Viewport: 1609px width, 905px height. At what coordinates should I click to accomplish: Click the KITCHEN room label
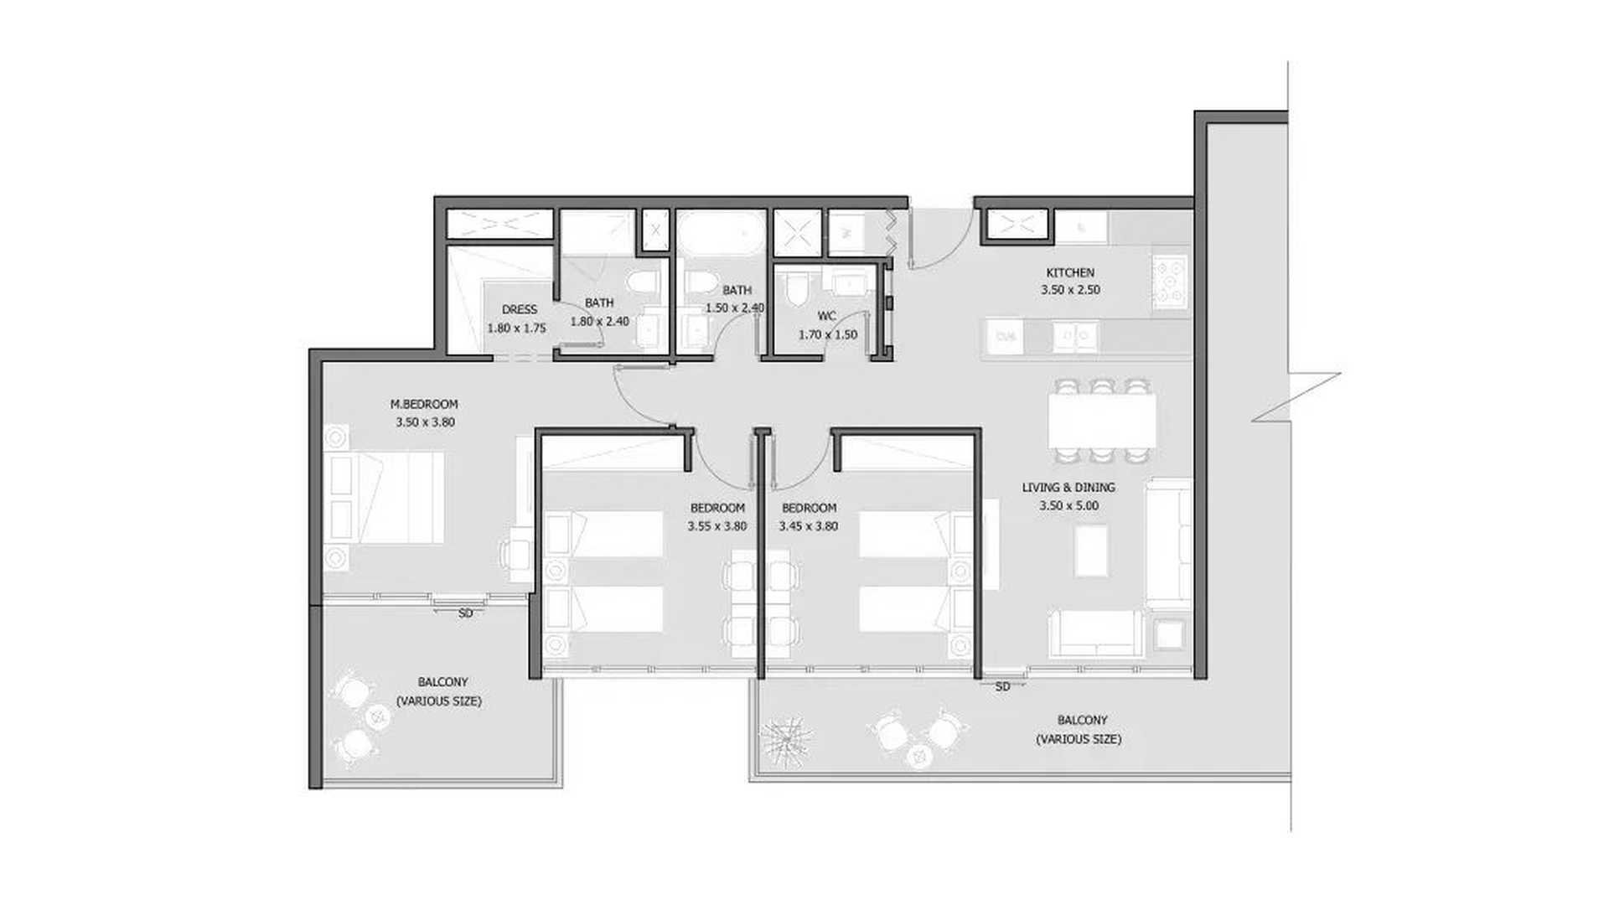[x=1069, y=272]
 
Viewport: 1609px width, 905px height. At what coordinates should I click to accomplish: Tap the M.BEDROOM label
[x=424, y=404]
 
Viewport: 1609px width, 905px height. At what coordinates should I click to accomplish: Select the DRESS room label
[x=519, y=309]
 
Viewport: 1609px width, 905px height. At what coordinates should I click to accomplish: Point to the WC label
[x=826, y=316]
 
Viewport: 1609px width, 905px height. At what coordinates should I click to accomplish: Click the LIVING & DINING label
[x=1068, y=487]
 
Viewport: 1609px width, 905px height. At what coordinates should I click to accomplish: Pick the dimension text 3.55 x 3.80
[x=717, y=526]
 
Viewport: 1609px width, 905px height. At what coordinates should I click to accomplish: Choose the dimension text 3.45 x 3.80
[x=808, y=526]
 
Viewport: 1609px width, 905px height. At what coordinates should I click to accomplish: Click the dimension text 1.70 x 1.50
[x=827, y=334]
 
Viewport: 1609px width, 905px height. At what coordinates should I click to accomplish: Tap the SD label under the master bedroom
[x=466, y=613]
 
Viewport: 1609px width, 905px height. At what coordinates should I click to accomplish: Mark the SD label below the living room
[x=1002, y=687]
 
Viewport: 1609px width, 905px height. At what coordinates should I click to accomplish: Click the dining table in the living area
[x=1102, y=421]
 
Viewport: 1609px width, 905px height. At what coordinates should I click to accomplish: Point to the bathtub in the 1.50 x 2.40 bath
[x=722, y=232]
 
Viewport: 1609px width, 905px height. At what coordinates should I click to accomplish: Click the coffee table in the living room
[x=1092, y=550]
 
